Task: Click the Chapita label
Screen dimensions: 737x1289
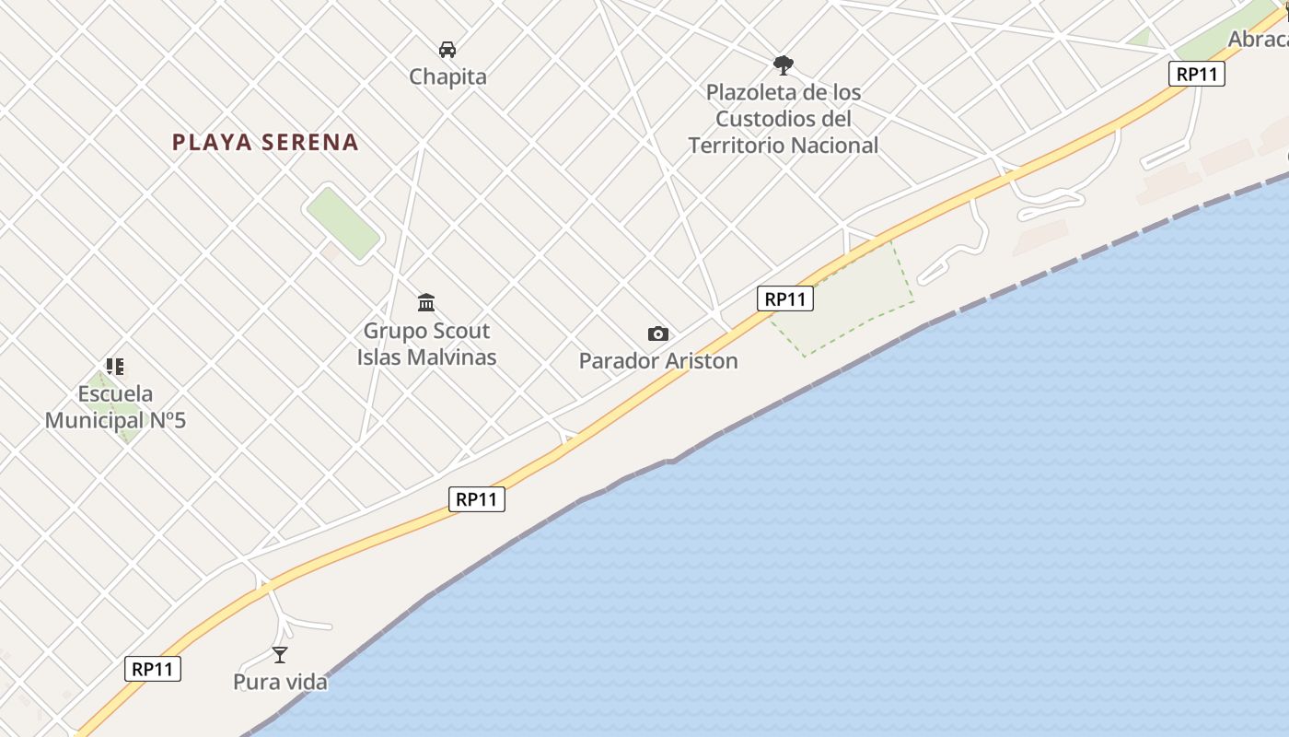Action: [447, 76]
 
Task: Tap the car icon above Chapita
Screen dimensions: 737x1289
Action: [447, 50]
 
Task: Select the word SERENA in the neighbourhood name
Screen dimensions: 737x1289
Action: [309, 142]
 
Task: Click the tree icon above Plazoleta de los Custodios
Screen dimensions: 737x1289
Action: [784, 64]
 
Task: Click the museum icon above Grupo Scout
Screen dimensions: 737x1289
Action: [426, 302]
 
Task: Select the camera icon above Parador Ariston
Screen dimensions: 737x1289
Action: [658, 333]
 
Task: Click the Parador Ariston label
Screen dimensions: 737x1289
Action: [658, 361]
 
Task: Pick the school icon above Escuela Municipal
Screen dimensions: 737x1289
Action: [115, 367]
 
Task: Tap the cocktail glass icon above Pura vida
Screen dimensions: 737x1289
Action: [280, 655]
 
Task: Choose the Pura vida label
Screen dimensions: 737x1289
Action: [280, 683]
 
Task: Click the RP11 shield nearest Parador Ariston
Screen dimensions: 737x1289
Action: [785, 298]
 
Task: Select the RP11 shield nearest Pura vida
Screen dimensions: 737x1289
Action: [153, 669]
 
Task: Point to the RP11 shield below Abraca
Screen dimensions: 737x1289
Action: [1197, 74]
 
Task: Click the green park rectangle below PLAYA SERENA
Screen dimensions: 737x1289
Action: [343, 222]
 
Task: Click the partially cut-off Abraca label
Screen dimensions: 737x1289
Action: [1259, 40]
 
